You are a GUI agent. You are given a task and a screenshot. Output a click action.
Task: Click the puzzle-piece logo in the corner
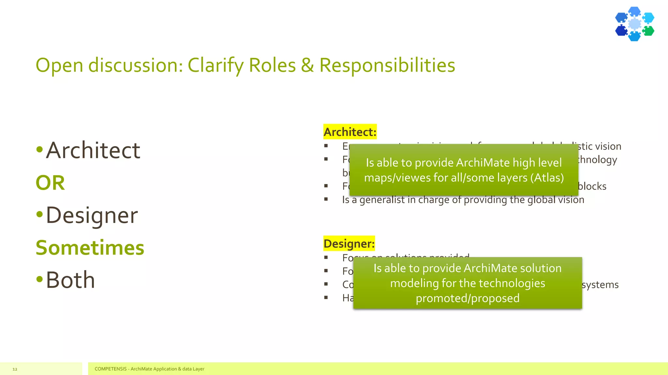tap(634, 24)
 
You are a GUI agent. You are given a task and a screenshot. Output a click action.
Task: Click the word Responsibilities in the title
tap(387, 65)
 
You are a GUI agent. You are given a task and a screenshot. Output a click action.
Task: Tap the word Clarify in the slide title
tap(216, 65)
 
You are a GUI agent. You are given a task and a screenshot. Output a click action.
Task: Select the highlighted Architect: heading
tap(350, 132)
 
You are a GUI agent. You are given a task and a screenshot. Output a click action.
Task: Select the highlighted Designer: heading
tap(349, 243)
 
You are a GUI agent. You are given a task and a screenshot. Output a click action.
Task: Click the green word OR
tap(50, 183)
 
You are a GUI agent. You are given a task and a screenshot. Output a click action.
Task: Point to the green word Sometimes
tap(90, 248)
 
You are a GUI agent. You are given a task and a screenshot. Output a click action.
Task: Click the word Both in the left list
tap(70, 280)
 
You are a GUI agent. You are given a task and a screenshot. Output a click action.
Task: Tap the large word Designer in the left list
tap(92, 215)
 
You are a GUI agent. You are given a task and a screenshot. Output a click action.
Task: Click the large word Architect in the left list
tap(93, 150)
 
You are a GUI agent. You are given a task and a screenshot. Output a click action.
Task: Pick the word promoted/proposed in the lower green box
tap(467, 298)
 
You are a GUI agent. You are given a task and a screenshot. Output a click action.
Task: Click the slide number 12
tap(15, 369)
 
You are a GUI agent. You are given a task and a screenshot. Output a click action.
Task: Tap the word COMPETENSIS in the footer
tap(111, 369)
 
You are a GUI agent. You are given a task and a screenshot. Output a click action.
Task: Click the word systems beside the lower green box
tap(600, 285)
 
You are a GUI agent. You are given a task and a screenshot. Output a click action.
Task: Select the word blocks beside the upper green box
tap(592, 186)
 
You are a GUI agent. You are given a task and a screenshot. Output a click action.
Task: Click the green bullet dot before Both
tap(39, 279)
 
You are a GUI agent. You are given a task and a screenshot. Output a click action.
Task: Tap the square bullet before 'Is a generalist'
tap(326, 199)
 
